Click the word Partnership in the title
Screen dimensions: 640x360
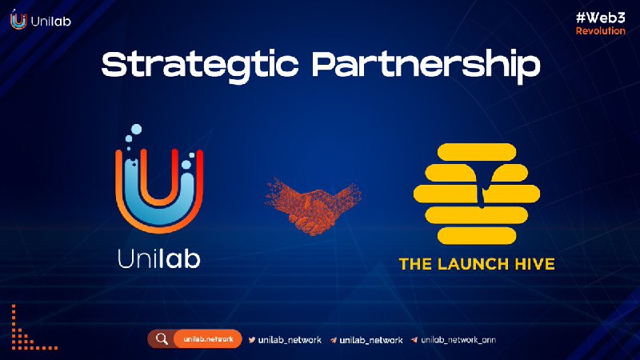pyautogui.click(x=426, y=66)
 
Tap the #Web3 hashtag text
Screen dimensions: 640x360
pyautogui.click(x=601, y=18)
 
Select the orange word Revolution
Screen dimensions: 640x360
pyautogui.click(x=601, y=30)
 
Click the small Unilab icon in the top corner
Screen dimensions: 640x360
pyautogui.click(x=18, y=19)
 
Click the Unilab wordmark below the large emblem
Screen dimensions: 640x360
pyautogui.click(x=159, y=258)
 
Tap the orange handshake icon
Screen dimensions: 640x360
pyautogui.click(x=312, y=206)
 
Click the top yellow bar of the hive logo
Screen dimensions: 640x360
pyautogui.click(x=477, y=152)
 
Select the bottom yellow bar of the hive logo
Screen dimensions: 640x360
pyautogui.click(x=477, y=236)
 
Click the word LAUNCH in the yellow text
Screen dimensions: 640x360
pyautogui.click(x=473, y=264)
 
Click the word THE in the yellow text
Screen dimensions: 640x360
pyautogui.click(x=415, y=264)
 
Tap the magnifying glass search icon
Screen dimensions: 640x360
pyautogui.click(x=162, y=338)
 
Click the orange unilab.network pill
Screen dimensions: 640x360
pyautogui.click(x=208, y=339)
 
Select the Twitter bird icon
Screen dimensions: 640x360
pyautogui.click(x=252, y=339)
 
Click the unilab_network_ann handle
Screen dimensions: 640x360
pyautogui.click(x=458, y=339)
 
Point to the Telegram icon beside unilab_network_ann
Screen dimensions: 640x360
pyautogui.click(x=414, y=339)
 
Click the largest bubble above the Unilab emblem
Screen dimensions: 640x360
pyautogui.click(x=136, y=130)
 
